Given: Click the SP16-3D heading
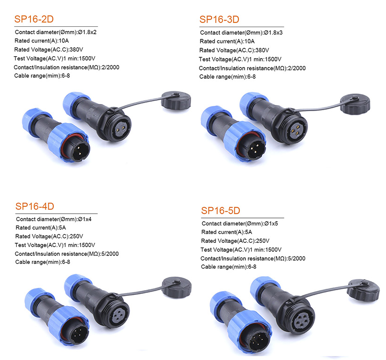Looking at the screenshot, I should (219, 19).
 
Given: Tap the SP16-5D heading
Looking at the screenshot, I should (221, 210).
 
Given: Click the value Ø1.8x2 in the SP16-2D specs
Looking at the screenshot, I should (87, 32).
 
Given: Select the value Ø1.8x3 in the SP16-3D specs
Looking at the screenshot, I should (273, 32).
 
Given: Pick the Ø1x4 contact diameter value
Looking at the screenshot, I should (85, 219).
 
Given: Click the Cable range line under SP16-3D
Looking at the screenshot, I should (227, 76).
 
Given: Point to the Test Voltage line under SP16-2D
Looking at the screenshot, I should (54, 58).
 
